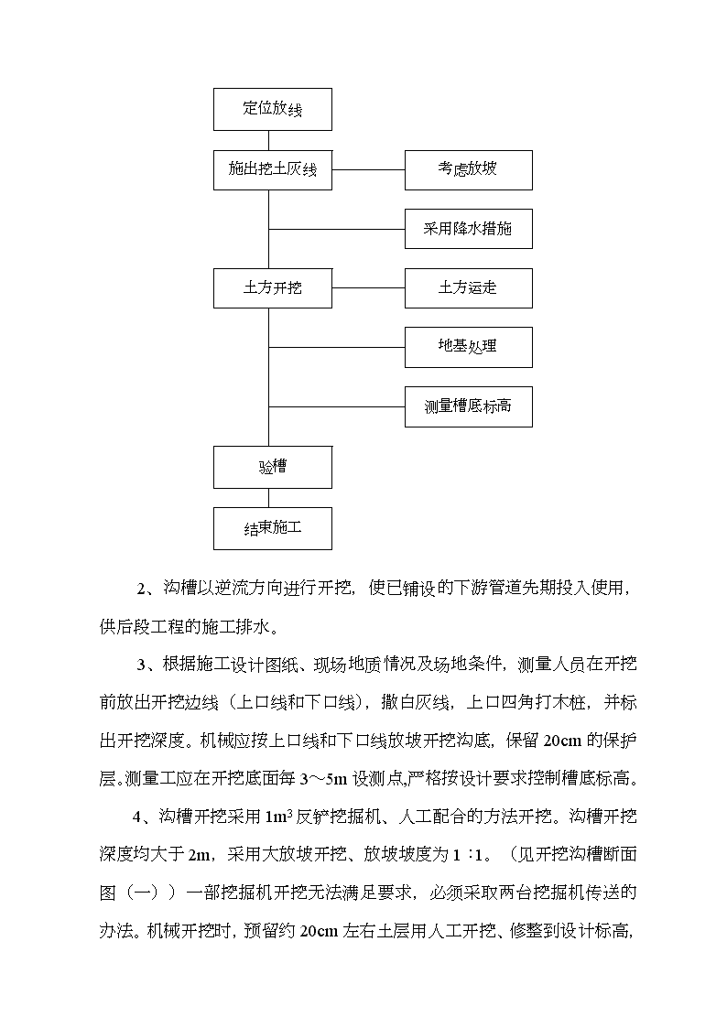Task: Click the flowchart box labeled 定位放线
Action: point(273,110)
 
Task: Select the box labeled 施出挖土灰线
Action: point(273,170)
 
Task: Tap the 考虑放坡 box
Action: point(468,170)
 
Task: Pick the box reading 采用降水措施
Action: point(468,229)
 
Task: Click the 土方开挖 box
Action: point(273,287)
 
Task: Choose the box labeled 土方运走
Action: point(468,287)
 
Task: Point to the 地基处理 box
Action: point(468,347)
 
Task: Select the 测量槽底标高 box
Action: point(468,407)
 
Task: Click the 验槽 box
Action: point(273,468)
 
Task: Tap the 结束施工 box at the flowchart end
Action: point(273,528)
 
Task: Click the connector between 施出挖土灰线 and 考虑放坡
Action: point(368,169)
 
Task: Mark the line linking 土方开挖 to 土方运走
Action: point(368,287)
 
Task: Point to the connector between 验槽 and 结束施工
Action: point(269,498)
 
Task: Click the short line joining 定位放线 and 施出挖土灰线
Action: point(269,140)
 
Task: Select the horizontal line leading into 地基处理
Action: point(337,347)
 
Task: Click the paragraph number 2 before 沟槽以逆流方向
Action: point(140,589)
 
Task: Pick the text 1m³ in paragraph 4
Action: point(278,817)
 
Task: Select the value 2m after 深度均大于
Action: point(199,855)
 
